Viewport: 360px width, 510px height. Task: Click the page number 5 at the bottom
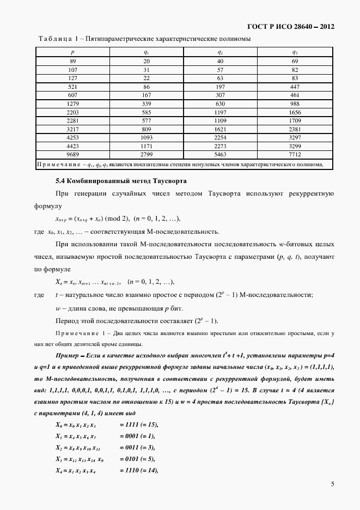coord(332,483)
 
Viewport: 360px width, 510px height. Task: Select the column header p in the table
coord(72,52)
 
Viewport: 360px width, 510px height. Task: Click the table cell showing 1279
coord(72,104)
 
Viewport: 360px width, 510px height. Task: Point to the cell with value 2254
coord(220,138)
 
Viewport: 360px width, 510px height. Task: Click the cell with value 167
coord(147,95)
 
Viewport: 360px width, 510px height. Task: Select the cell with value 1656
coord(294,112)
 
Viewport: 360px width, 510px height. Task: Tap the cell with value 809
coord(147,129)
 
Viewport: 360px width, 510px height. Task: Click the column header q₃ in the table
coord(294,52)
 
